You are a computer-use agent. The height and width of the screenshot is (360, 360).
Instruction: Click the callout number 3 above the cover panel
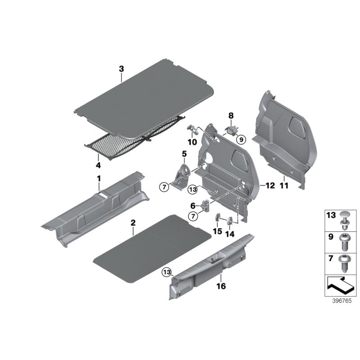(121, 69)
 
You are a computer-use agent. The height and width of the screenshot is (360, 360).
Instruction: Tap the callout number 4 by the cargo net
(98, 157)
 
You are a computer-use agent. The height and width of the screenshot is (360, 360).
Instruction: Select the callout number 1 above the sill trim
(99, 180)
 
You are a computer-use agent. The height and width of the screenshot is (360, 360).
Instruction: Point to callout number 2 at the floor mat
(133, 223)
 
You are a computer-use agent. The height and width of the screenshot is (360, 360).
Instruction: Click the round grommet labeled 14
(230, 220)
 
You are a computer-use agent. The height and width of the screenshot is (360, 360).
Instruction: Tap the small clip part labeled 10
(193, 130)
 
